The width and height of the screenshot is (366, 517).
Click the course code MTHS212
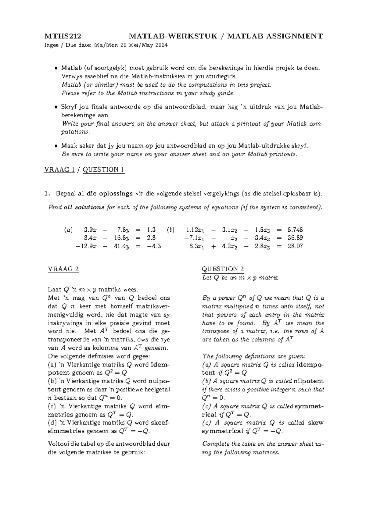pos(63,37)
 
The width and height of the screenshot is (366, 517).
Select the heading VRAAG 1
pos(59,170)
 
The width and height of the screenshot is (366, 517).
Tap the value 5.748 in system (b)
pos(295,230)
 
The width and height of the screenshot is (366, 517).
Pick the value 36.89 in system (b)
pos(295,238)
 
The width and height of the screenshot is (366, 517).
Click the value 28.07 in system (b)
pos(295,246)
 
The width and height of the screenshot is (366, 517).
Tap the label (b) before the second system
pos(170,230)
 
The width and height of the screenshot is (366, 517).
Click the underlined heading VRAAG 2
pos(63,269)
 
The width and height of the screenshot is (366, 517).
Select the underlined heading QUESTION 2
pos(223,269)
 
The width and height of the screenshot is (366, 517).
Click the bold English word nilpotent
pos(309,381)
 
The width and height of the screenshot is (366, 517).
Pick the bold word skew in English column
pos(316,423)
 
